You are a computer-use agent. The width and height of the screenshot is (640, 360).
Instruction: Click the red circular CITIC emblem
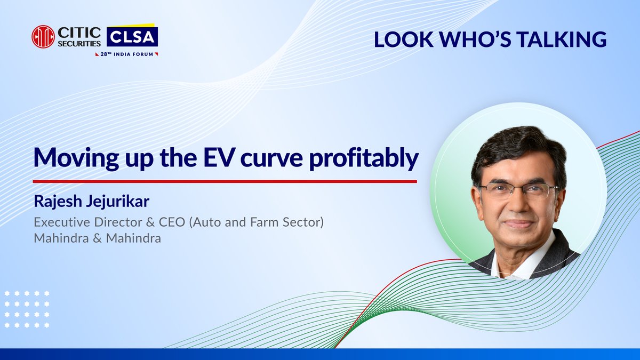(43, 37)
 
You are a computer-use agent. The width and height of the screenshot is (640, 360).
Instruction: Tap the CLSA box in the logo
(132, 37)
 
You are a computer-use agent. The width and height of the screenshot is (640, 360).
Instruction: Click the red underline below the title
(224, 181)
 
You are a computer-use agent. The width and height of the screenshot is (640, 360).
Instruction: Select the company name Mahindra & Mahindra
(97, 238)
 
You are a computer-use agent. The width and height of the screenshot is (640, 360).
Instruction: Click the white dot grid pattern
(27, 309)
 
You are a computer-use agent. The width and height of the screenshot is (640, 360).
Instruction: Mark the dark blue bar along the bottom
(320, 354)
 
